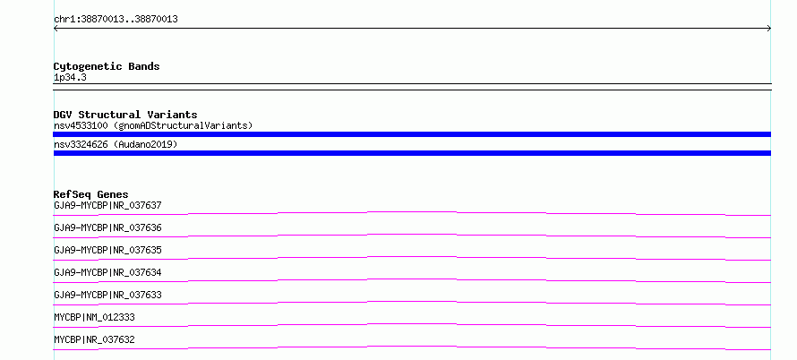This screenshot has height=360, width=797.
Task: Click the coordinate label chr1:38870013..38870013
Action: tap(116, 20)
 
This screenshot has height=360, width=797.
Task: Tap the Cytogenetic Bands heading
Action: tap(107, 66)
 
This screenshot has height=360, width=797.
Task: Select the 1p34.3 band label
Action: tap(70, 77)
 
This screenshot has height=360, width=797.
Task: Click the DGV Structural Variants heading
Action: tap(125, 115)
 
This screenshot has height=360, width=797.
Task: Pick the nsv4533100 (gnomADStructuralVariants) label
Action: tap(153, 125)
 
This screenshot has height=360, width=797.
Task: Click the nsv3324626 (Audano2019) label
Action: tap(116, 144)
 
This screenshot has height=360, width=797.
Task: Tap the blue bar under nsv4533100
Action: tap(412, 134)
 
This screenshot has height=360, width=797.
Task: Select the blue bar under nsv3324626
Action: tap(412, 153)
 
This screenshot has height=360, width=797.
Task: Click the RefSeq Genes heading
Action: tap(91, 194)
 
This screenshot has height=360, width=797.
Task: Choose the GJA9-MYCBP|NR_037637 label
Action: tap(107, 205)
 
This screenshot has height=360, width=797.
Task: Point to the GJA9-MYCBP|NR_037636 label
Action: tap(107, 227)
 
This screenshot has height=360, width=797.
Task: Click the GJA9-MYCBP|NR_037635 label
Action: tap(107, 250)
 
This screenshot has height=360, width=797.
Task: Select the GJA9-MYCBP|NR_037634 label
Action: tap(107, 272)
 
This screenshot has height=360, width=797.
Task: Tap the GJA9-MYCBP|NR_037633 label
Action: tap(107, 295)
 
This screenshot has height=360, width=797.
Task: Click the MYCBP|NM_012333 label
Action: tap(95, 317)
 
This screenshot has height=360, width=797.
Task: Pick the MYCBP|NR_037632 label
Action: tap(95, 339)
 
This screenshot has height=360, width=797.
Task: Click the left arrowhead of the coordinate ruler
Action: tap(55, 29)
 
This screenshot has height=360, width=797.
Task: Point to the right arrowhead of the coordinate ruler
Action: tap(770, 29)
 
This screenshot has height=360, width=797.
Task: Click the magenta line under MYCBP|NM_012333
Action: tap(412, 324)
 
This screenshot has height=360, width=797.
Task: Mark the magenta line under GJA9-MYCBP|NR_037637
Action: tap(412, 212)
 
